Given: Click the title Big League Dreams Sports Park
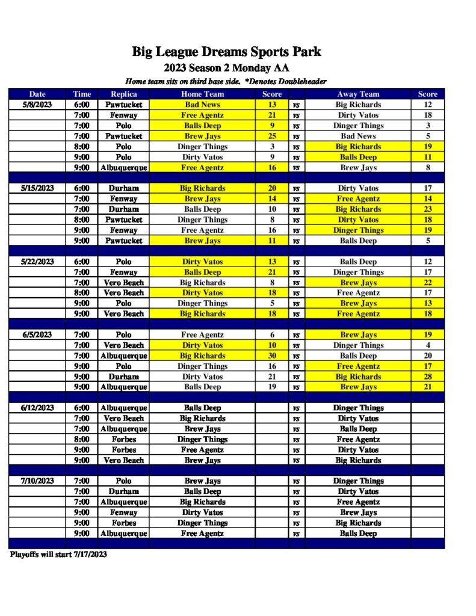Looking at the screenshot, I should click(226, 52).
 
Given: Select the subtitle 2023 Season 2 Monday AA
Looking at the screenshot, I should click(226, 68).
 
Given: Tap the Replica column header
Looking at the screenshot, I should click(123, 94).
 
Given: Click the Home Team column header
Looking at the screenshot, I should click(202, 94).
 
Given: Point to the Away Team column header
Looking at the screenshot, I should click(358, 94).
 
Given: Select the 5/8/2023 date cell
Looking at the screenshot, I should click(37, 105).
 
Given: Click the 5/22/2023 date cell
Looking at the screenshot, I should click(37, 262).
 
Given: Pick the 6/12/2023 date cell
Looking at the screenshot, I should click(37, 408).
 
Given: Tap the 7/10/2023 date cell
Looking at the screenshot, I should click(37, 481).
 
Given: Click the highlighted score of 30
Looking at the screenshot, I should click(271, 356).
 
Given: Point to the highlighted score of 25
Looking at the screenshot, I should click(271, 136).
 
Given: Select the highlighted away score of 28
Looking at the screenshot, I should click(427, 377).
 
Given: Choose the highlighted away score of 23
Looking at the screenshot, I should click(427, 209).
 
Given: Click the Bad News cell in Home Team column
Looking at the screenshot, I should click(202, 105).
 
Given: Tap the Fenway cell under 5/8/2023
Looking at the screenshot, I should click(123, 115).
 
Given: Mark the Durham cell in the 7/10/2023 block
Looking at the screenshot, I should click(123, 491).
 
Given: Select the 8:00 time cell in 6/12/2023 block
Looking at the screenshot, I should click(82, 439).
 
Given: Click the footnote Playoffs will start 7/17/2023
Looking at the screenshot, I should click(58, 555).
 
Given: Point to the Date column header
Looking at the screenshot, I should click(37, 94).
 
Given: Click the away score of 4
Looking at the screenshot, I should click(427, 345).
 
